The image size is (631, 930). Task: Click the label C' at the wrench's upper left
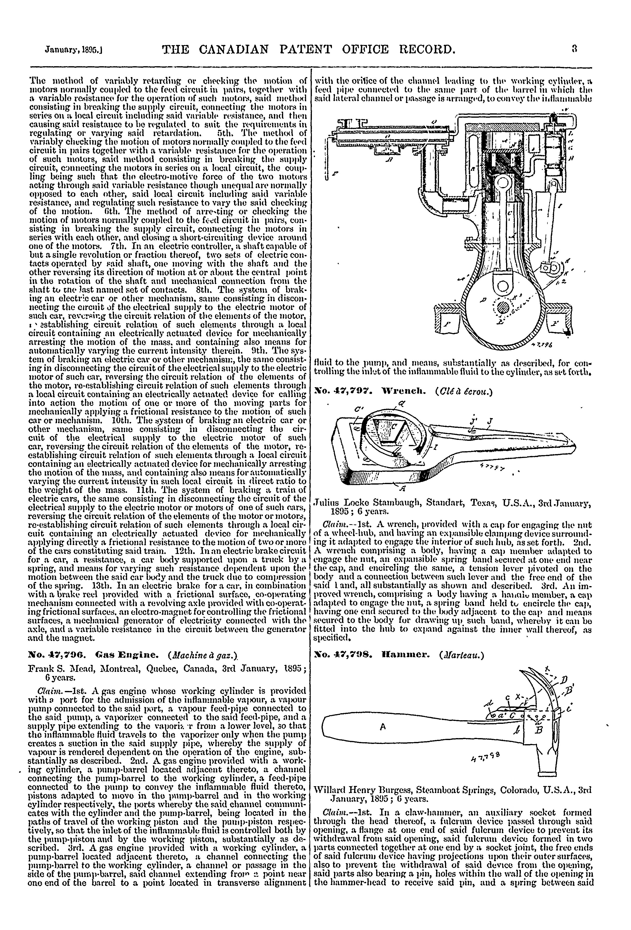point(357,410)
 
